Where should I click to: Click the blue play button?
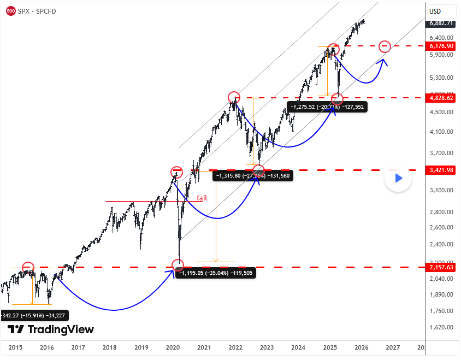point(398,178)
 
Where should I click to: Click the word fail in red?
point(202,198)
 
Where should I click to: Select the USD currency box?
point(435,11)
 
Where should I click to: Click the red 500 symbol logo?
point(10,11)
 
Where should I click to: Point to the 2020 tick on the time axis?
point(173,347)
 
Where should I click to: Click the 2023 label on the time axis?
point(267,347)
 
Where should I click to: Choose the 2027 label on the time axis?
point(392,347)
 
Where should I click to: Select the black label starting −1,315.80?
point(252,175)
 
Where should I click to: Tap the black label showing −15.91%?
point(34,315)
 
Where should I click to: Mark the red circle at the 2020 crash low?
point(178,265)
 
